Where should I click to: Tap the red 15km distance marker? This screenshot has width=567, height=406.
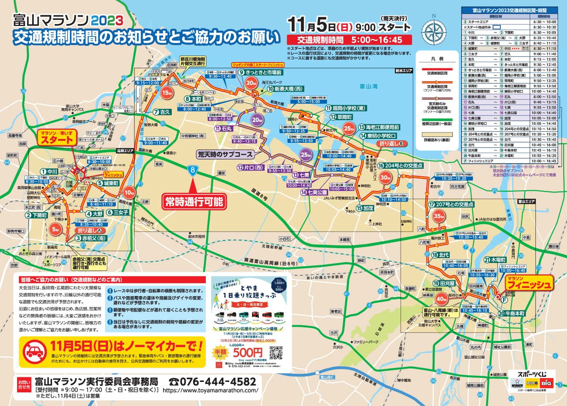(x=167, y=93)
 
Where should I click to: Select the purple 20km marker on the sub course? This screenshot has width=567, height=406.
(x=257, y=120)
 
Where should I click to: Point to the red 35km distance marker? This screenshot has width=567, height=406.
(x=438, y=216)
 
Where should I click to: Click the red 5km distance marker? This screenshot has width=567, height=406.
(x=56, y=229)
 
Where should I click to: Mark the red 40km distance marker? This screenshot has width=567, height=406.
(x=441, y=299)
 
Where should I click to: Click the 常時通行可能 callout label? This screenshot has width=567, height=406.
(x=194, y=201)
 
